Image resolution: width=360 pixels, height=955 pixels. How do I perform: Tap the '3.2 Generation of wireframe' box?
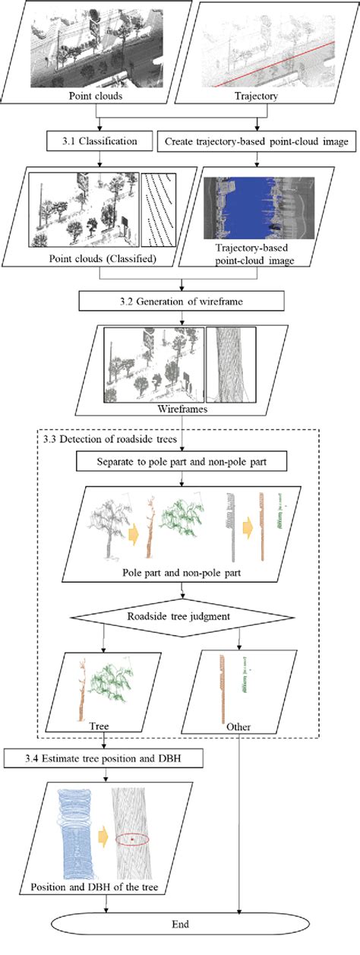pyautogui.click(x=182, y=302)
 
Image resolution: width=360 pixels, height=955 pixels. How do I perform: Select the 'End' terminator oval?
pyautogui.click(x=180, y=925)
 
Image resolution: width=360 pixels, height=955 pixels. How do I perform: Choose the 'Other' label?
pyautogui.click(x=238, y=726)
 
